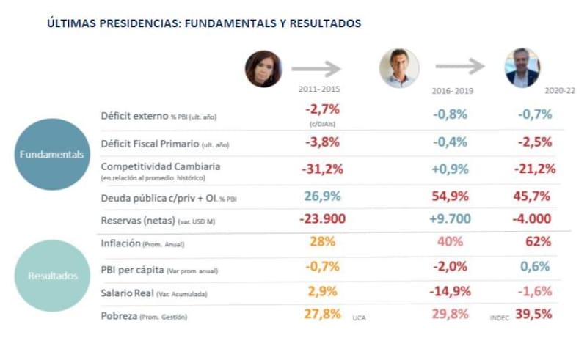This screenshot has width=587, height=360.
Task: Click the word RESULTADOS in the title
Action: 321,23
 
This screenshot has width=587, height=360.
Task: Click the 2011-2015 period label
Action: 319,89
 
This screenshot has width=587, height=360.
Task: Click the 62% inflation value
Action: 538,240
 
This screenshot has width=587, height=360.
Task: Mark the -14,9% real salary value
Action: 450,292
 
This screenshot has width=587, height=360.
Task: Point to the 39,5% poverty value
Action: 533,315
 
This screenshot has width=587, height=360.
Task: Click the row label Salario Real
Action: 128,292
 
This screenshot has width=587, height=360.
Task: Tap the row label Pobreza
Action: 122,315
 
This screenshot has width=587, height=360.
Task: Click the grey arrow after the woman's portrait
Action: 316,70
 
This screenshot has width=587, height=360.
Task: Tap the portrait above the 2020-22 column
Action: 522,68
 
